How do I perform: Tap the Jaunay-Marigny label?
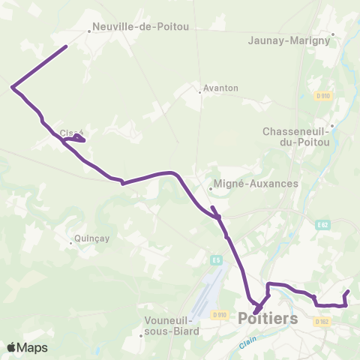[289, 41]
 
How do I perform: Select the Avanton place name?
[220, 88]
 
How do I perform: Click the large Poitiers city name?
[267, 319]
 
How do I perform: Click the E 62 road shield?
[323, 224]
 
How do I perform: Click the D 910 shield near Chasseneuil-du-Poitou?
[322, 96]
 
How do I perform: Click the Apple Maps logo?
[27, 347]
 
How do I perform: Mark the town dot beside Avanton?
[200, 92]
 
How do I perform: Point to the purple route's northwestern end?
[66, 47]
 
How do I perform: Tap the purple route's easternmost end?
[349, 291]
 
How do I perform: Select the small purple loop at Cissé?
[76, 139]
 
